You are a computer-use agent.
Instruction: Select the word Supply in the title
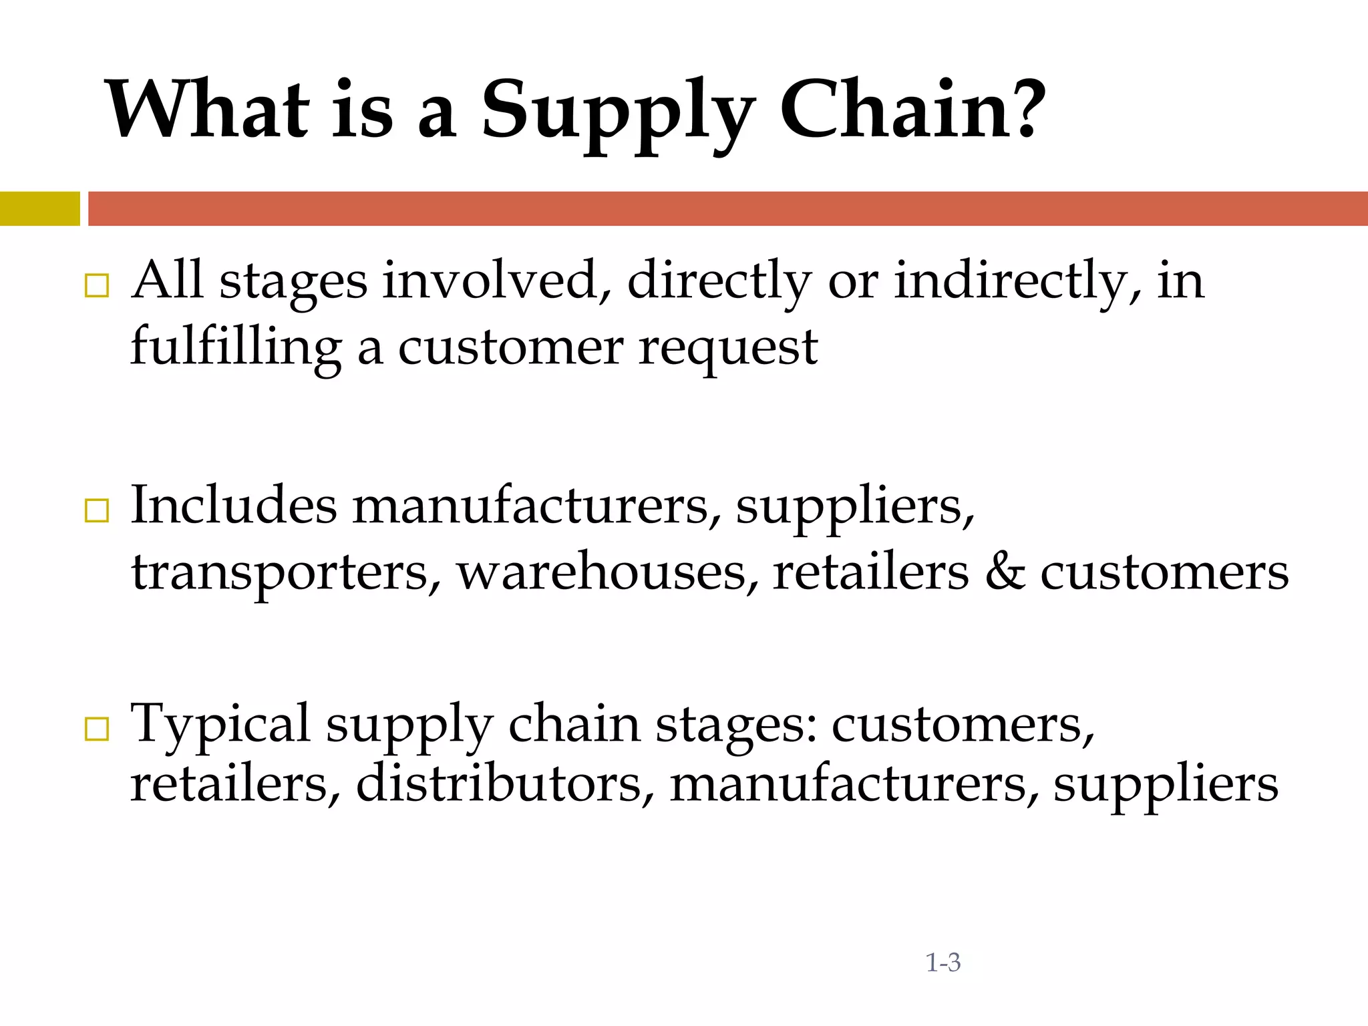pos(618,114)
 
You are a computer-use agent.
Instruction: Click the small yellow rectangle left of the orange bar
pos(39,208)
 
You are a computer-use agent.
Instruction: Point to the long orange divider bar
pos(727,208)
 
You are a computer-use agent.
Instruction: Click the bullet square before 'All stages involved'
pos(97,286)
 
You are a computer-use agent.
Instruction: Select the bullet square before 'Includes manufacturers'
pos(97,511)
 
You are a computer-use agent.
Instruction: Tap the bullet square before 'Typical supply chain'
pos(97,729)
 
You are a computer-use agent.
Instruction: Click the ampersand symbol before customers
pos(1005,572)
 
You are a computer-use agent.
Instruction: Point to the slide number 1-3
pos(943,963)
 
